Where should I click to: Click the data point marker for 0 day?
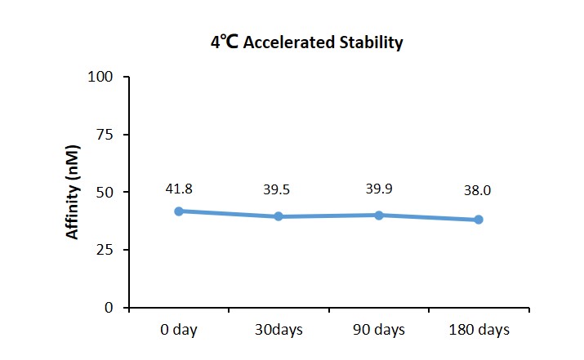pyautogui.click(x=179, y=211)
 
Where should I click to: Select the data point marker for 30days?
pyautogui.click(x=279, y=216)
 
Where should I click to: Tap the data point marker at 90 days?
pyautogui.click(x=379, y=216)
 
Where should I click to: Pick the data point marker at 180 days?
pyautogui.click(x=479, y=220)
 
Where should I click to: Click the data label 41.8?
pyautogui.click(x=179, y=189)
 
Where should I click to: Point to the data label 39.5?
pyautogui.click(x=276, y=190)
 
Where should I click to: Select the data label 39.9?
pyautogui.click(x=379, y=189)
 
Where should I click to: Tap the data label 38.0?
pyautogui.click(x=477, y=190)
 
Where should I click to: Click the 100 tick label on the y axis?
pyautogui.click(x=100, y=77)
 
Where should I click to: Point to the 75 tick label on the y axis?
pyautogui.click(x=105, y=135)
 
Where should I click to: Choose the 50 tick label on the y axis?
pyautogui.click(x=105, y=193)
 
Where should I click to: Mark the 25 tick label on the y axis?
pyautogui.click(x=105, y=250)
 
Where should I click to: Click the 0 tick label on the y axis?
pyautogui.click(x=109, y=308)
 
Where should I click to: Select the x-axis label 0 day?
pyautogui.click(x=179, y=330)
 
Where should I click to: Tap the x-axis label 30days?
pyautogui.click(x=279, y=330)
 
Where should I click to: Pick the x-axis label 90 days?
pyautogui.click(x=379, y=330)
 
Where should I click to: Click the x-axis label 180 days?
pyautogui.click(x=479, y=330)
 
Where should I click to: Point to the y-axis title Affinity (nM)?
pyautogui.click(x=72, y=192)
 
